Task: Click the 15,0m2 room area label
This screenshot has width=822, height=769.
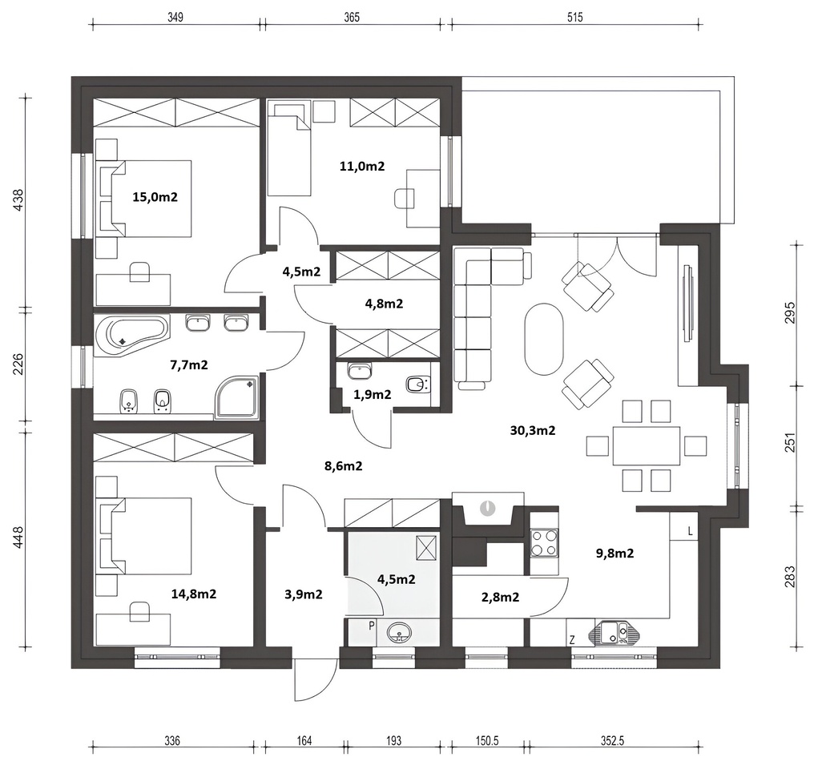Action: click(x=155, y=197)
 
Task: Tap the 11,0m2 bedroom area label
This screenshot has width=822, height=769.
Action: click(x=361, y=166)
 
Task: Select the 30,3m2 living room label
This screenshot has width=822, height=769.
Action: click(x=533, y=430)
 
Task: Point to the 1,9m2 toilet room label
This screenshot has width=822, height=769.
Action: click(x=373, y=394)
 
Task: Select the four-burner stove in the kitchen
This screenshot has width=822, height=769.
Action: click(x=544, y=542)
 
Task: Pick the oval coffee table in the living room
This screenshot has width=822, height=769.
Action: click(x=544, y=339)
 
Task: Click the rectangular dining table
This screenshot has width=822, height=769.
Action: click(x=647, y=445)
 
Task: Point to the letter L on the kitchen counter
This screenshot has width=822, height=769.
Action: click(x=691, y=532)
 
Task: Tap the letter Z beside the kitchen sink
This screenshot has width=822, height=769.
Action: click(x=572, y=639)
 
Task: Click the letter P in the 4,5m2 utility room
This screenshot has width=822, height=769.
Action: click(x=372, y=626)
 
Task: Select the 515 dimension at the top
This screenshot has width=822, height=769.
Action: click(x=574, y=18)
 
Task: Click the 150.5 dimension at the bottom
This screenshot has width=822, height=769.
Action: click(x=487, y=741)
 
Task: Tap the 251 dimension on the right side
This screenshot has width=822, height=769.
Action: click(x=791, y=442)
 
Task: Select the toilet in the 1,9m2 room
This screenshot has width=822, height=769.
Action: click(x=417, y=384)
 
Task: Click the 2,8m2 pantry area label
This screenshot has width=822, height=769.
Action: click(x=500, y=597)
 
